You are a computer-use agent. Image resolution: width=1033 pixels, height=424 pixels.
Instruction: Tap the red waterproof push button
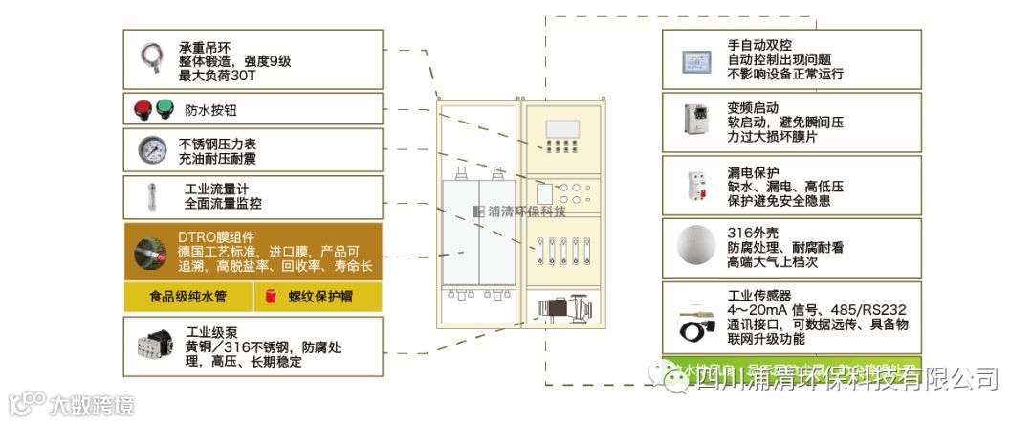[143, 109]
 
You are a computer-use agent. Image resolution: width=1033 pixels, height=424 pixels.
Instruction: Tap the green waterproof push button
[164, 109]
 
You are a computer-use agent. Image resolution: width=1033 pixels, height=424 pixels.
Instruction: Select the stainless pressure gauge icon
[151, 150]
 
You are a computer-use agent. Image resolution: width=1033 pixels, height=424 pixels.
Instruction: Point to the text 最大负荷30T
[218, 76]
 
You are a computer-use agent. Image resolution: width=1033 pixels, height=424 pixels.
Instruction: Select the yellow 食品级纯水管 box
[187, 297]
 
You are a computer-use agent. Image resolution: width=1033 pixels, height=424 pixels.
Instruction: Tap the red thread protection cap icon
[271, 297]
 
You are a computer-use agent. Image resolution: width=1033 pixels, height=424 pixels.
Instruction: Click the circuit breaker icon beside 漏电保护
[695, 185]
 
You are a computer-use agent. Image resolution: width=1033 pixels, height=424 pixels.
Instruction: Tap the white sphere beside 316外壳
[695, 245]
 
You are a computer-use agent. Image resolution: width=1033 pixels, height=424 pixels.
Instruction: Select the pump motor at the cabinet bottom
[561, 310]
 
